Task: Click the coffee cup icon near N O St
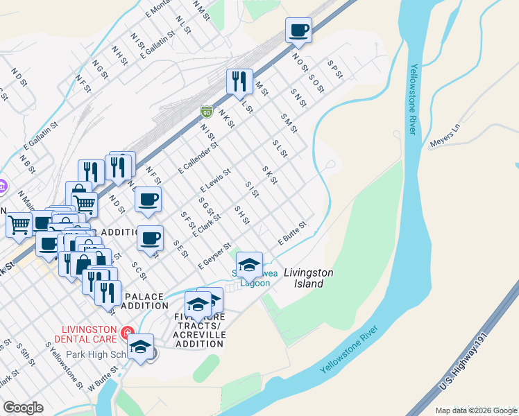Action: tap(298, 30)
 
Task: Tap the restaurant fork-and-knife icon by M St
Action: tap(239, 81)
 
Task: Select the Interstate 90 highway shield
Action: tap(206, 111)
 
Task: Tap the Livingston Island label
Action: tap(309, 278)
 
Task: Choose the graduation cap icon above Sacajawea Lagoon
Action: tap(249, 264)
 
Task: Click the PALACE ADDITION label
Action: tap(144, 301)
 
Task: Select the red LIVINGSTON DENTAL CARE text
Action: tap(87, 334)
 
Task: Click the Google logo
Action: tap(23, 407)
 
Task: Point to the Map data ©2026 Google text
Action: tap(475, 410)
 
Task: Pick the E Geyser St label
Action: tap(214, 257)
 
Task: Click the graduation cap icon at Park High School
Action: tap(141, 347)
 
